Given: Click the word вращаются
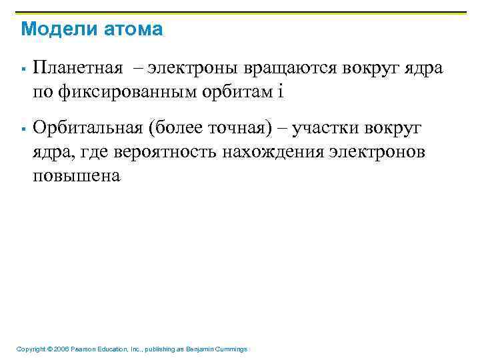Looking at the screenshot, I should pyautogui.click(x=287, y=68).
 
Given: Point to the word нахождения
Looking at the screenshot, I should pyautogui.click(x=274, y=151).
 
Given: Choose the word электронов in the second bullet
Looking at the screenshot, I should pyautogui.click(x=379, y=151).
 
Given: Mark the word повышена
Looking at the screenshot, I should pyautogui.click(x=77, y=175).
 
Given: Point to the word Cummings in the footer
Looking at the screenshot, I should pyautogui.click(x=231, y=349).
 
